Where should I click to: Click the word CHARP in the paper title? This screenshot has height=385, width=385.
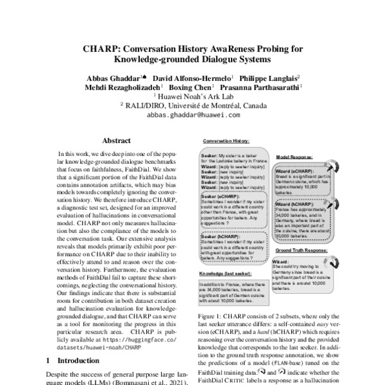[101, 47]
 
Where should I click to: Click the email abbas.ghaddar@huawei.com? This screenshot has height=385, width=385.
[193, 115]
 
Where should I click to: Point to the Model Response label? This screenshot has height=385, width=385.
[296, 157]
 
